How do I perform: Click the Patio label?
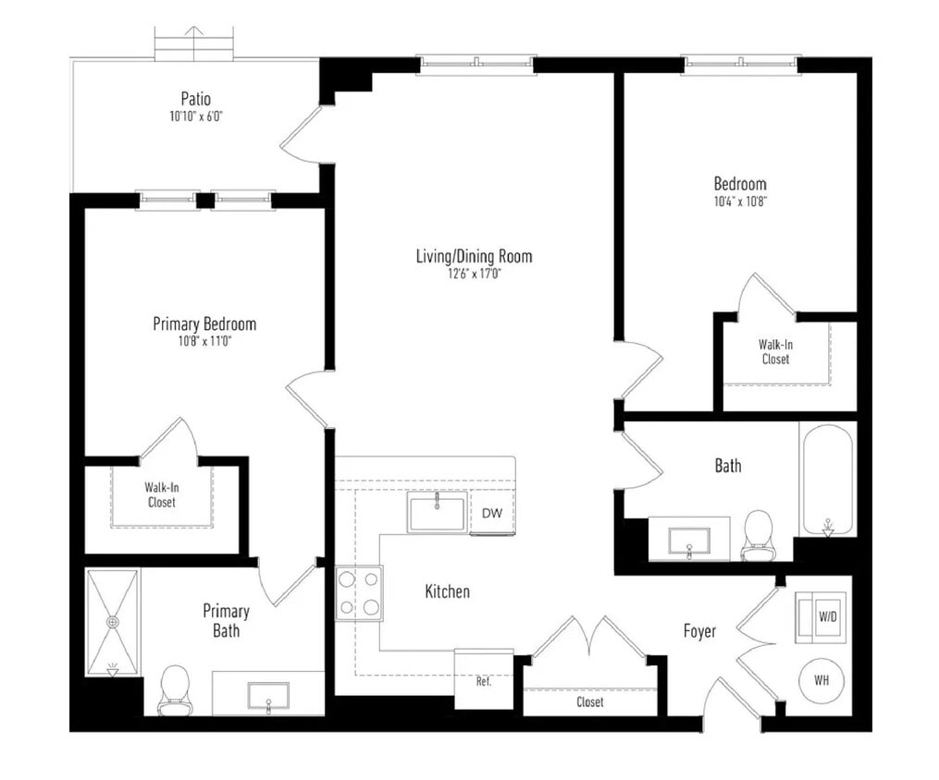tap(195, 99)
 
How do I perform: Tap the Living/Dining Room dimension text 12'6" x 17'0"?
tap(474, 274)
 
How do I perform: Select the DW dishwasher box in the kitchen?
tap(491, 514)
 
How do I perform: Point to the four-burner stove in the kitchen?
tap(359, 592)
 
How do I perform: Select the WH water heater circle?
tap(821, 680)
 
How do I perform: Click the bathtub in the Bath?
tap(828, 479)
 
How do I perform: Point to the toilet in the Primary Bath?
tap(174, 689)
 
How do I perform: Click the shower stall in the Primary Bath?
tap(113, 622)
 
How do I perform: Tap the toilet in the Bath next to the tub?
tap(758, 535)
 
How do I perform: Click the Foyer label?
tap(699, 631)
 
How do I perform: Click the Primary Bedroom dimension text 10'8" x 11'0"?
tap(204, 341)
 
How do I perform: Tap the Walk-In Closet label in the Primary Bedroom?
tap(161, 494)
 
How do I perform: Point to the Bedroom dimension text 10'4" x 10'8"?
tap(739, 201)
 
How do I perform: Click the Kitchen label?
tap(447, 591)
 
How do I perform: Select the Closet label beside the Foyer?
tap(589, 702)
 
